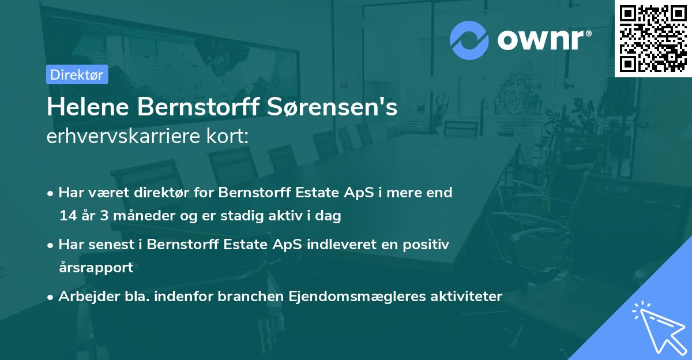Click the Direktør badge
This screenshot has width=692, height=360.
click(77, 74)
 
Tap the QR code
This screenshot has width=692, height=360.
click(653, 38)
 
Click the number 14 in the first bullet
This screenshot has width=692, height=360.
click(66, 216)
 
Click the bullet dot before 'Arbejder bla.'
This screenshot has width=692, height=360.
click(51, 297)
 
